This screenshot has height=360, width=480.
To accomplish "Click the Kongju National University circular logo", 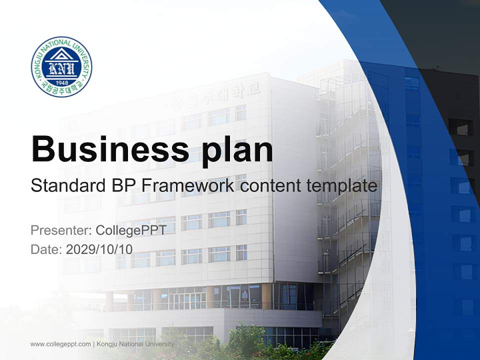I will point(61,66).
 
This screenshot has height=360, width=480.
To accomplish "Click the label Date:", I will point(46,249).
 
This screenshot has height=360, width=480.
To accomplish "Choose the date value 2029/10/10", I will point(99,249).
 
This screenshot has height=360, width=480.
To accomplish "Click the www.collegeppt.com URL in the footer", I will point(60,344).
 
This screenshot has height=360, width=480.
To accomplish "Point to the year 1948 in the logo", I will point(61,82).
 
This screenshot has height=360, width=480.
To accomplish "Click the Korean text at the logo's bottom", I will point(61,90).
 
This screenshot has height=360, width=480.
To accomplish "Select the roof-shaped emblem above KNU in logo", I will point(61,54).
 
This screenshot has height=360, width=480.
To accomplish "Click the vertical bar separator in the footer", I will point(94,344).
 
